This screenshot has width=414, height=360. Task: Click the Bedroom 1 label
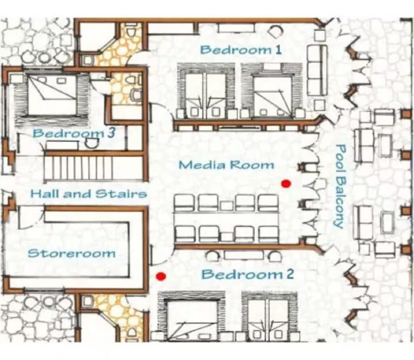click(241, 50)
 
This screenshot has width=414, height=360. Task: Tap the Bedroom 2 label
click(247, 274)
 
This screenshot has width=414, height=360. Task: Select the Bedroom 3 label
click(74, 133)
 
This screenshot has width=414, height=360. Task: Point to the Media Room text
click(226, 165)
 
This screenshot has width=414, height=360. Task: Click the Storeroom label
click(72, 254)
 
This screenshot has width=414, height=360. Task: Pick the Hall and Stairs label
click(89, 194)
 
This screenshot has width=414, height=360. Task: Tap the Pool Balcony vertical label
click(340, 186)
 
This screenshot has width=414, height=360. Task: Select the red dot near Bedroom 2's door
click(161, 276)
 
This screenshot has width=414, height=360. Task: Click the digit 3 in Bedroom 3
click(111, 133)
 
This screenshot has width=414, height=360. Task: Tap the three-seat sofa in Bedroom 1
click(317, 70)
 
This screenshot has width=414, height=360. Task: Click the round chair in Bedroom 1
click(275, 31)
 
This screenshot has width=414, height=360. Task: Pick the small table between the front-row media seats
click(226, 205)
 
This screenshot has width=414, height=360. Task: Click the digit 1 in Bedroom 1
click(278, 50)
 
